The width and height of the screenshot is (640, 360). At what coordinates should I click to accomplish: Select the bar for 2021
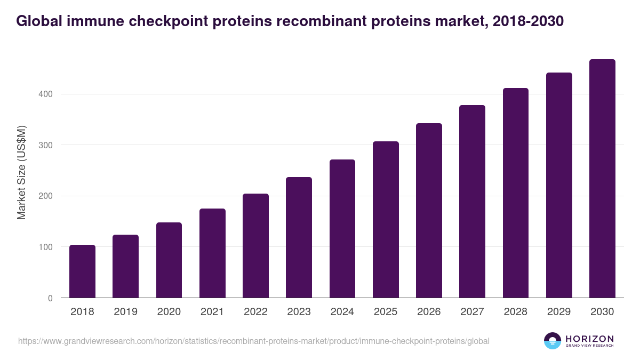click(212, 253)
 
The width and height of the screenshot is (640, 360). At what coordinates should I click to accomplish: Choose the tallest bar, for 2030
click(602, 178)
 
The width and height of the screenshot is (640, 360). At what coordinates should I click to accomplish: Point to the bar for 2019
click(125, 266)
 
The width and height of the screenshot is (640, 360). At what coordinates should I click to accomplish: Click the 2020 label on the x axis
click(169, 312)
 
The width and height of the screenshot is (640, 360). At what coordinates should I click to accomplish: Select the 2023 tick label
click(299, 312)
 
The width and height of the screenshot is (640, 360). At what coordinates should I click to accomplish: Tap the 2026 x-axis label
click(429, 312)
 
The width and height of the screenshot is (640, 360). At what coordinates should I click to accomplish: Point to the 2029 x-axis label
click(559, 312)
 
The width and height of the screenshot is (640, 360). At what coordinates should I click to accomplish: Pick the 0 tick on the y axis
click(50, 298)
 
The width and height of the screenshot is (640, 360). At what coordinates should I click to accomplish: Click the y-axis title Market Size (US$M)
click(21, 173)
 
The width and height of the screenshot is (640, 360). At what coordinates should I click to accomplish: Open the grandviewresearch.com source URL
click(253, 341)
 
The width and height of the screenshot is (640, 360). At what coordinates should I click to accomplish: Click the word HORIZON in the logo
click(589, 339)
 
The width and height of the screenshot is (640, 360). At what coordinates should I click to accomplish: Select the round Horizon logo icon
click(553, 341)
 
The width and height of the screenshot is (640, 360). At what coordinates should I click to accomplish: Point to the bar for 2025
click(386, 219)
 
